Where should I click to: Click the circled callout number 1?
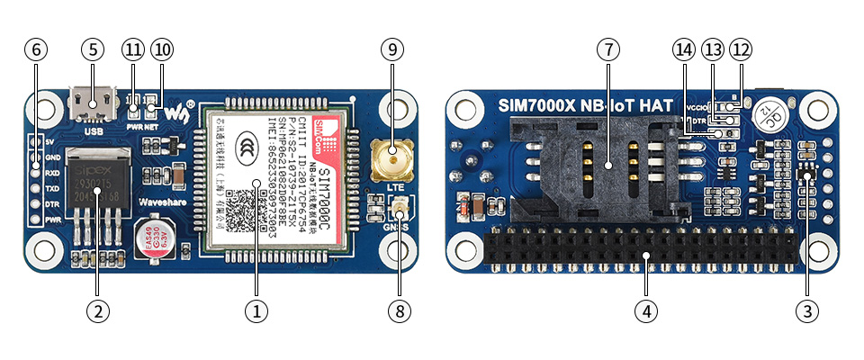pos(256,310)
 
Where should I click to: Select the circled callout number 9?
pos(391,49)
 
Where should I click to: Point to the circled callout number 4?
pos(644,310)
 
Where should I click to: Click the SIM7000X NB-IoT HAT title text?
pos(585,105)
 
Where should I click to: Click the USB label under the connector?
pos(94,131)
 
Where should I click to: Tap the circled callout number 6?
pos(36,49)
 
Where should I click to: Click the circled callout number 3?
pos(806,310)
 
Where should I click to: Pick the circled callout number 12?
pos(741,49)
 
